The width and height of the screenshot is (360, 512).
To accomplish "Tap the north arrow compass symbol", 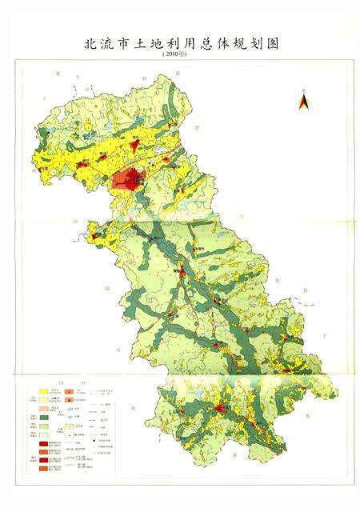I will (x=303, y=101).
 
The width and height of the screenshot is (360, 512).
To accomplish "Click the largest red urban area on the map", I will (x=128, y=178).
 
